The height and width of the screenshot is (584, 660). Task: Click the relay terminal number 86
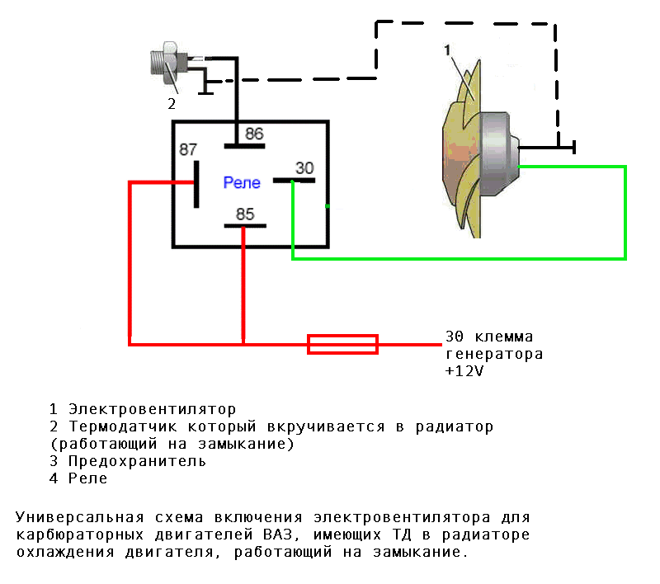click(x=254, y=134)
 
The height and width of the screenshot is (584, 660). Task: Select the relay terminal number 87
click(x=188, y=149)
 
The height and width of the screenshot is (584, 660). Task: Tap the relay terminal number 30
click(x=304, y=168)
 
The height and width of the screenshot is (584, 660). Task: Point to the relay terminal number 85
click(x=245, y=214)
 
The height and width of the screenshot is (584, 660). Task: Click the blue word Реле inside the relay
click(x=242, y=182)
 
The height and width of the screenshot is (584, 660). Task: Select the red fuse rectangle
click(x=342, y=344)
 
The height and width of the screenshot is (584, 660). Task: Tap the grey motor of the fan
click(x=499, y=153)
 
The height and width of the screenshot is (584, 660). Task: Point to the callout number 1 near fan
click(x=447, y=50)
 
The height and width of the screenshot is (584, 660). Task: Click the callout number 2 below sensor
click(x=172, y=104)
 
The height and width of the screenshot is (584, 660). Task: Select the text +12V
click(x=464, y=371)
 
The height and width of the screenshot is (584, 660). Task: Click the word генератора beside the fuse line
click(x=494, y=354)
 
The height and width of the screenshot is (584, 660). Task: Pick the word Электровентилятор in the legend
click(x=152, y=409)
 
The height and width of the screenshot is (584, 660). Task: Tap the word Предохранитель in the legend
click(x=137, y=461)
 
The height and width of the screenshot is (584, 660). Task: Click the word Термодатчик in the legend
click(x=122, y=426)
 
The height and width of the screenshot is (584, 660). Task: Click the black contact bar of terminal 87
click(x=196, y=184)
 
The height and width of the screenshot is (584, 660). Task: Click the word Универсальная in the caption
click(x=79, y=517)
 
